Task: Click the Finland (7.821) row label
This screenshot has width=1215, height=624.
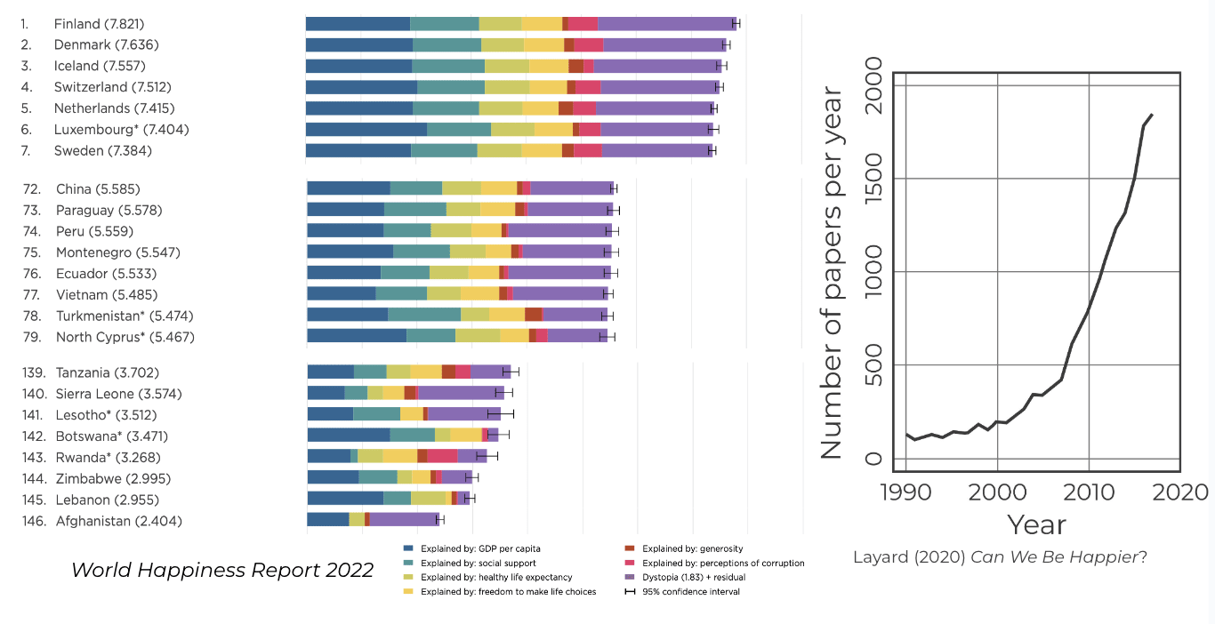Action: [99, 24]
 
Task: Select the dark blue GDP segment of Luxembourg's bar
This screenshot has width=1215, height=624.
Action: [366, 130]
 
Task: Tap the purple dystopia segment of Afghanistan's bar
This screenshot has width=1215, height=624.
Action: [403, 520]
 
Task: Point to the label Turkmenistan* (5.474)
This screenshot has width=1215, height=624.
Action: [125, 316]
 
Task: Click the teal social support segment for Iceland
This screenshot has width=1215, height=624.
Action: [448, 66]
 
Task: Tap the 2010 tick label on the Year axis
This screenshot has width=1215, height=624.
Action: [1089, 492]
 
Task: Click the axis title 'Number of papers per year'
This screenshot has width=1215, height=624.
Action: [831, 272]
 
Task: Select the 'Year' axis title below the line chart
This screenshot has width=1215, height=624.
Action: [1036, 524]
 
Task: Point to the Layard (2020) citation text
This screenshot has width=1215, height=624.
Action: [1000, 558]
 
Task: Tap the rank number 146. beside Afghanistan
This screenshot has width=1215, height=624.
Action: [35, 521]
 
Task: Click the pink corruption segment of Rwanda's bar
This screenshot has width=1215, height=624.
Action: [442, 456]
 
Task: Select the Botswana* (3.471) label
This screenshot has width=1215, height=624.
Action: [111, 436]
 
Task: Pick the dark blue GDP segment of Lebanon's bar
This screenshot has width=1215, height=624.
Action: [345, 499]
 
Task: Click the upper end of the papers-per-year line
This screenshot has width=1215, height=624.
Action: [1152, 115]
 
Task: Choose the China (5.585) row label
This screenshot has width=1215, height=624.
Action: [98, 189]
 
